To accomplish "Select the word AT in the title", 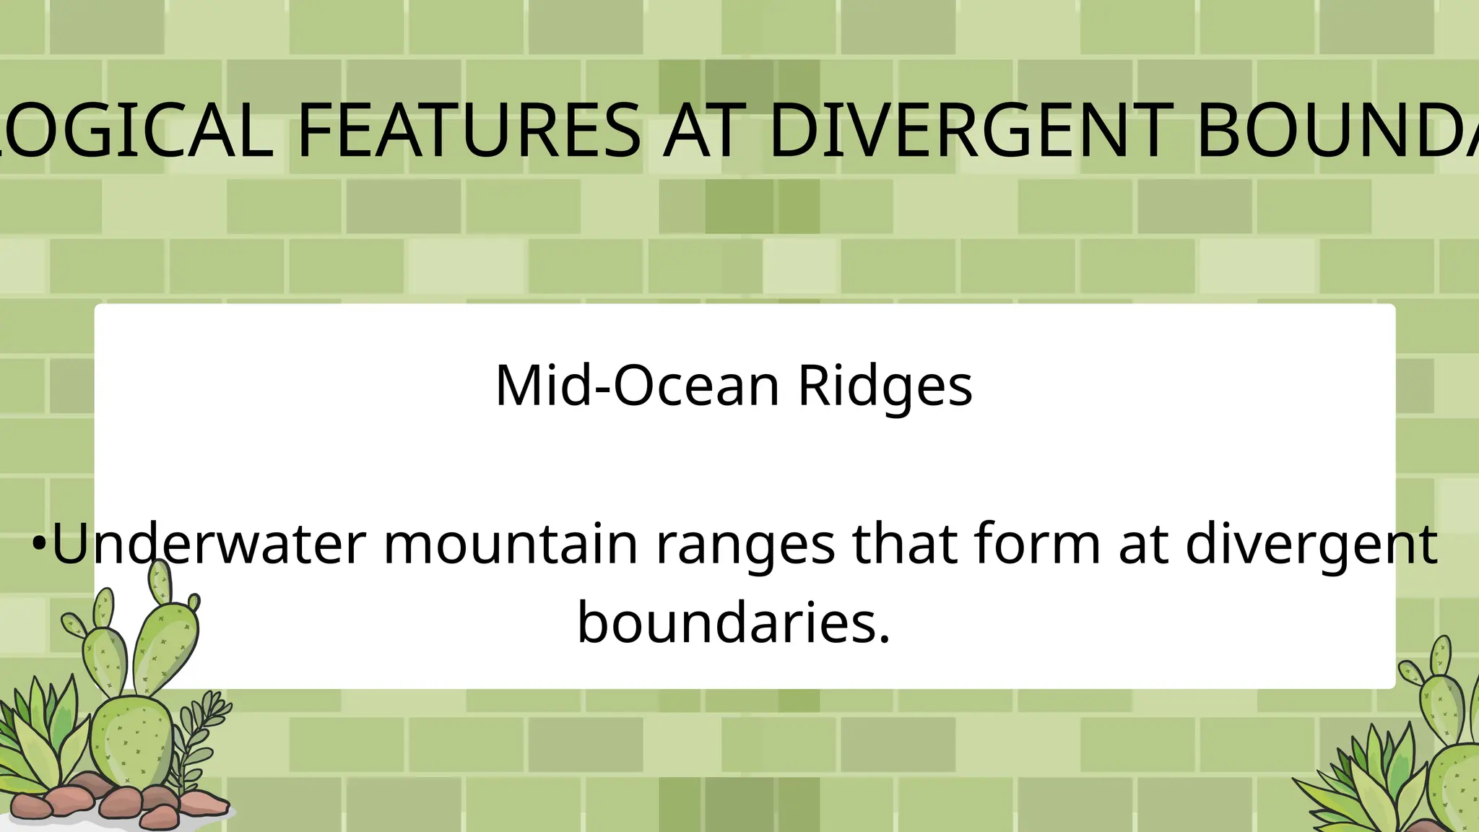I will click(x=703, y=131).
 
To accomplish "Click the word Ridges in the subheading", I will click(x=885, y=386).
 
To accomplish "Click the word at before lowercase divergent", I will click(x=1143, y=545).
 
